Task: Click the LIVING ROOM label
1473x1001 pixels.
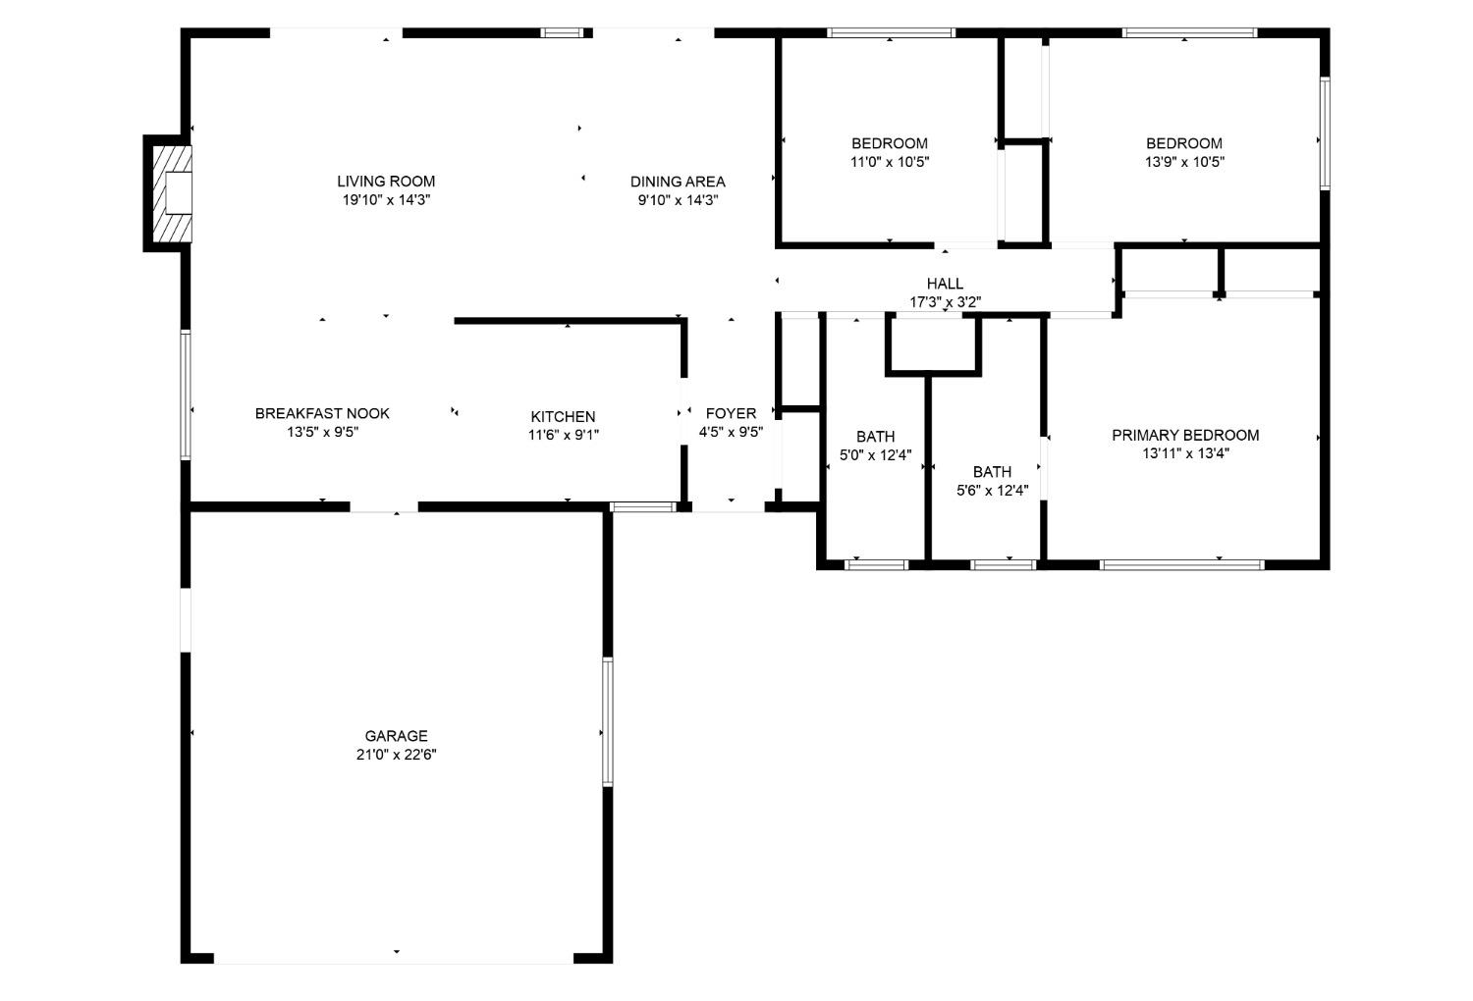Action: (x=386, y=182)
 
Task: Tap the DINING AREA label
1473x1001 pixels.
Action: (x=678, y=182)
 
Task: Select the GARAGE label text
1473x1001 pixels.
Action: (x=397, y=736)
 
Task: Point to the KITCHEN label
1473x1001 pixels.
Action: (x=564, y=417)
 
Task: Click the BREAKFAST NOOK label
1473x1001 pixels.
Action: (x=322, y=414)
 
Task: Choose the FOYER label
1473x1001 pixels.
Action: (x=731, y=414)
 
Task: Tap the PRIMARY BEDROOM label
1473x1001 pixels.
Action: (x=1185, y=436)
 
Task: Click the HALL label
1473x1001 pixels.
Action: (x=945, y=285)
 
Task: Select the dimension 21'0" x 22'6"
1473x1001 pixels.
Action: (x=397, y=755)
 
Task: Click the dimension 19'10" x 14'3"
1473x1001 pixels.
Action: (x=386, y=200)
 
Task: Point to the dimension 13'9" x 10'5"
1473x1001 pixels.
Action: (x=1184, y=163)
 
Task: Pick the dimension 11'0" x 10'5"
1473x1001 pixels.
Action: (x=890, y=163)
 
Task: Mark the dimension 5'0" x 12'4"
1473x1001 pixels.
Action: (x=876, y=455)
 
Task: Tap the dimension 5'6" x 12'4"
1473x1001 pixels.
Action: (x=992, y=491)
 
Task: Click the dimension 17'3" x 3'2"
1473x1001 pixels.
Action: (x=945, y=302)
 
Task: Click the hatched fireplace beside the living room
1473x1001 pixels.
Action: (x=168, y=193)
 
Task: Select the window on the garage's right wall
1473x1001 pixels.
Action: (x=608, y=721)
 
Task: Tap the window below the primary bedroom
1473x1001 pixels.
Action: (x=1181, y=564)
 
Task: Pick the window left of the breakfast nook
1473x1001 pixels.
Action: (x=185, y=395)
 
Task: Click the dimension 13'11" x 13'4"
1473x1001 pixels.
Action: (x=1185, y=454)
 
